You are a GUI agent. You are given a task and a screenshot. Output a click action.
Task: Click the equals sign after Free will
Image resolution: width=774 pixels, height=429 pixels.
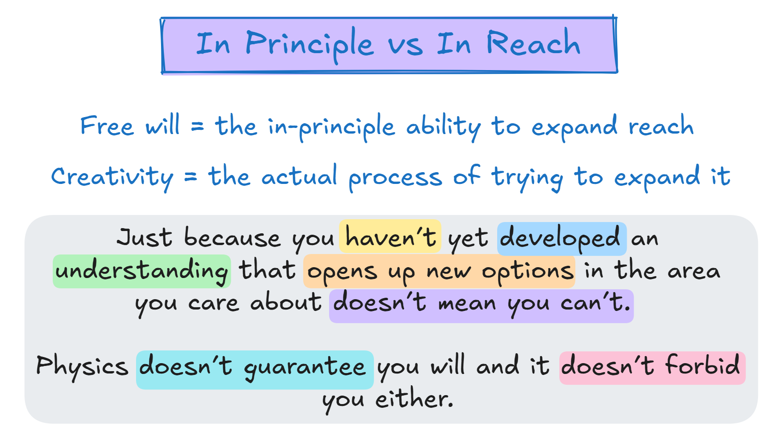point(197,126)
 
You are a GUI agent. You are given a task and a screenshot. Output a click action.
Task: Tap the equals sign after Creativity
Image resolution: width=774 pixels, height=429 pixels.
point(190,177)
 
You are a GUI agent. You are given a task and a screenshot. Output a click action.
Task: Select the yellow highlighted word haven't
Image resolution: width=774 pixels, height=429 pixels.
point(390,237)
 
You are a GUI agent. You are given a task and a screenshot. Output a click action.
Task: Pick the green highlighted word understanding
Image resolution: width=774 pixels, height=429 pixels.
point(142,271)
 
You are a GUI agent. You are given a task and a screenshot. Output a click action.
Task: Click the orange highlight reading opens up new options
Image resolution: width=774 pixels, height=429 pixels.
point(439,271)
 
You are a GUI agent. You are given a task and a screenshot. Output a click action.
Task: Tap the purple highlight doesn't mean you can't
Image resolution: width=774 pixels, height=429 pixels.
point(481,306)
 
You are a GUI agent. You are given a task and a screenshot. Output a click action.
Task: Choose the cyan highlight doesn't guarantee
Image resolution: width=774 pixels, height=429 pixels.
point(255,370)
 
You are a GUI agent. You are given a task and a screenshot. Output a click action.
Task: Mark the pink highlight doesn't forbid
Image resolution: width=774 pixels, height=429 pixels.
point(653,368)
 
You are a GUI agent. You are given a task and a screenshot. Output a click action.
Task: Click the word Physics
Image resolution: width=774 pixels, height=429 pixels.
point(82,367)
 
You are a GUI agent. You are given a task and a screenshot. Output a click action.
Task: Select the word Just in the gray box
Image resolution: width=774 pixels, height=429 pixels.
point(144,237)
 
